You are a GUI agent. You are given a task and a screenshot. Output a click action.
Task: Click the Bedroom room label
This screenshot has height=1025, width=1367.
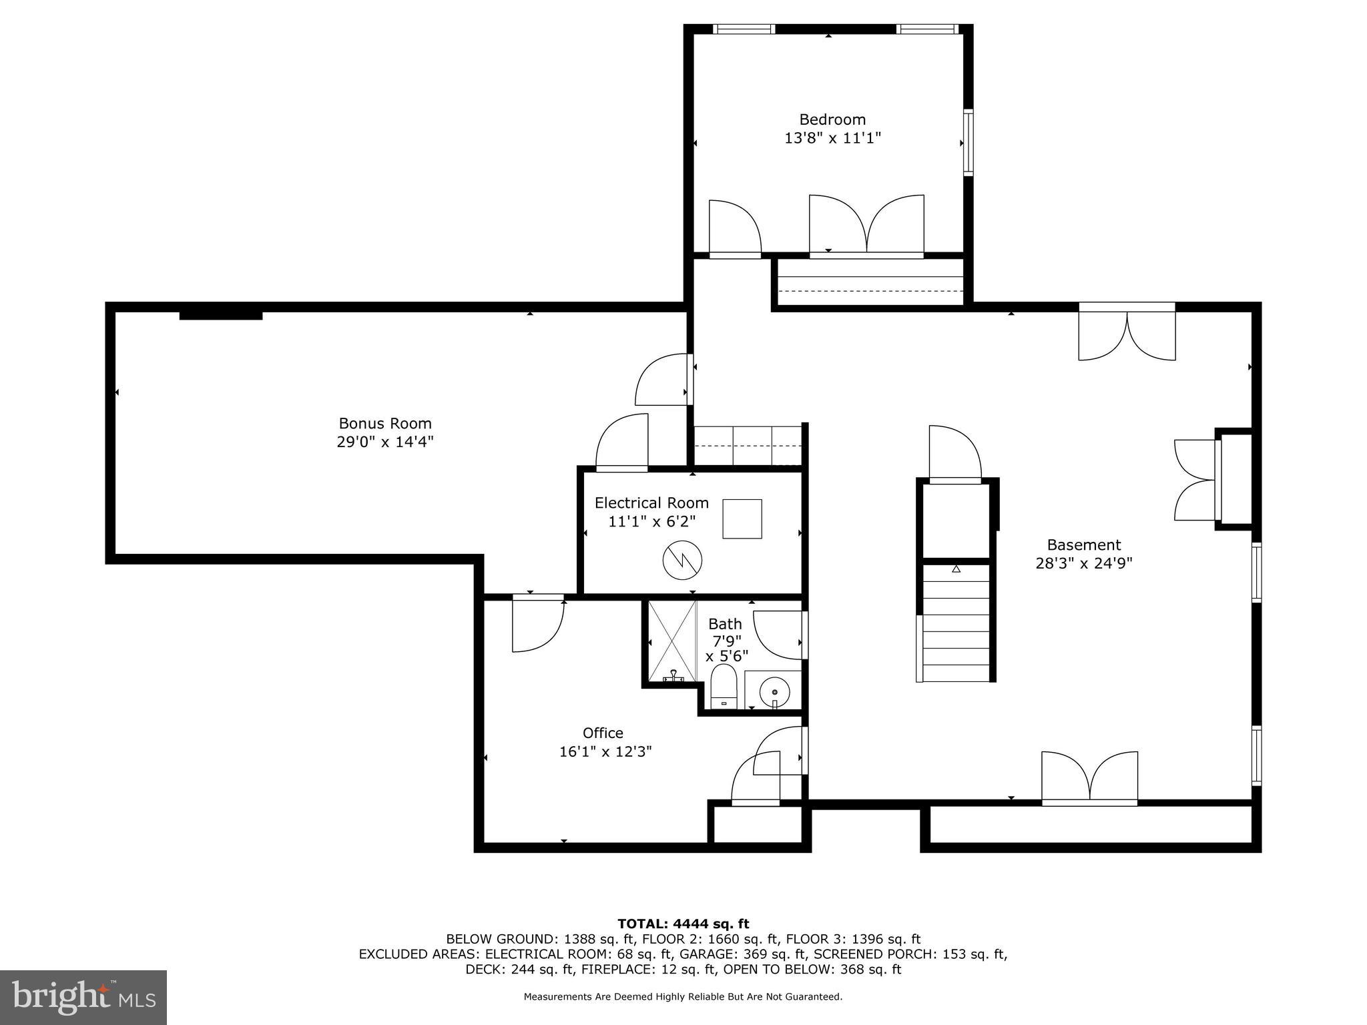click(x=832, y=119)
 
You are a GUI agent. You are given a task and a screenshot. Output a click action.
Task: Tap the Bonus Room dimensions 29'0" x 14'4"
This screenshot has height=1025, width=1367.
click(x=385, y=442)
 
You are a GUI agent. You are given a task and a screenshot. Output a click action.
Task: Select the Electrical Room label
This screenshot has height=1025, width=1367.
click(x=651, y=502)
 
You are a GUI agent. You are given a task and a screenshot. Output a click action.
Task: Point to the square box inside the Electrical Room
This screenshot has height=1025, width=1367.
click(x=742, y=519)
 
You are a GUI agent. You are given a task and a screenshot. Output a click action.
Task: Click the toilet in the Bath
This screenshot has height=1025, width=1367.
click(x=723, y=688)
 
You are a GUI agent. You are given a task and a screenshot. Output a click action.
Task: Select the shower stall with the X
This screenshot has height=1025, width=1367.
click(x=672, y=641)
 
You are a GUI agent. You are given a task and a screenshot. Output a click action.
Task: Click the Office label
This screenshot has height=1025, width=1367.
click(x=603, y=733)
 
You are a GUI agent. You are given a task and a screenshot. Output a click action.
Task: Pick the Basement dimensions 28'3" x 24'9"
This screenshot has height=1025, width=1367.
click(x=1083, y=563)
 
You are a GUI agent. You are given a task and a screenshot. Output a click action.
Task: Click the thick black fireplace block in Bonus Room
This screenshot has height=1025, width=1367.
click(x=221, y=315)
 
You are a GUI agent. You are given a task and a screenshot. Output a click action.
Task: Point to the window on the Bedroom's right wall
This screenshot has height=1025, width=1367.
click(x=967, y=142)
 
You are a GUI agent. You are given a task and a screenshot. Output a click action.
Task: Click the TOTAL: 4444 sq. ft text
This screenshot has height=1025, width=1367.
click(x=683, y=924)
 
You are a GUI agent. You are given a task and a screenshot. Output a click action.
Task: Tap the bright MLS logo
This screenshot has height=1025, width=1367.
click(x=83, y=997)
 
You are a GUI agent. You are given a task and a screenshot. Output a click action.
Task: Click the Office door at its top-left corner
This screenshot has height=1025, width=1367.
click(x=537, y=624)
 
